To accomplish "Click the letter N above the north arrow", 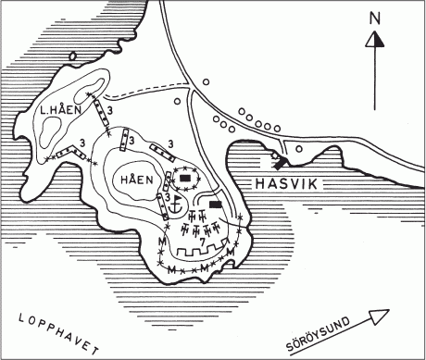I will [x=374, y=18].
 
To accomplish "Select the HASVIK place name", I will [x=284, y=184].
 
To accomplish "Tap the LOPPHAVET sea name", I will [x=56, y=332].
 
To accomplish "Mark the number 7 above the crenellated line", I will [x=202, y=240].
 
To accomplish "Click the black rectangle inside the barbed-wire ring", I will [x=185, y=176].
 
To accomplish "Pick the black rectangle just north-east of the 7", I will [x=216, y=204].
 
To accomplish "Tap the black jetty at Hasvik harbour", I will [x=279, y=160].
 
